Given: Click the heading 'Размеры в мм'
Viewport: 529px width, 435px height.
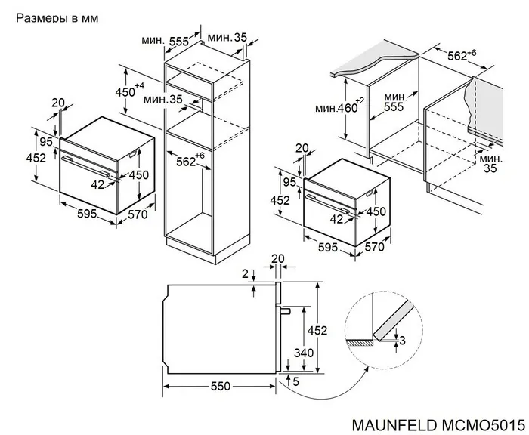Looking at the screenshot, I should (x=57, y=16).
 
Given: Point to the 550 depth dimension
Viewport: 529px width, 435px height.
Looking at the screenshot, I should (x=220, y=386).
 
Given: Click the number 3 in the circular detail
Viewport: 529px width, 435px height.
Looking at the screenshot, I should (x=402, y=341).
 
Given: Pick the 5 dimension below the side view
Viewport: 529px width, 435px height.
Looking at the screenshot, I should (x=295, y=382).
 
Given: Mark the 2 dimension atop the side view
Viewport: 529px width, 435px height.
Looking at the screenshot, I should (x=245, y=274).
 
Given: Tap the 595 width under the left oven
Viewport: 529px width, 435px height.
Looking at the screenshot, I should (x=86, y=214).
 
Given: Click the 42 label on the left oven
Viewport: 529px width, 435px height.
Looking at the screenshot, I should (x=98, y=184).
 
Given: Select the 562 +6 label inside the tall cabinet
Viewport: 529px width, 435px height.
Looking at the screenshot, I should (x=190, y=160).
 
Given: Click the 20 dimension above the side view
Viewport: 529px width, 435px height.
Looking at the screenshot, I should (x=277, y=258).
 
